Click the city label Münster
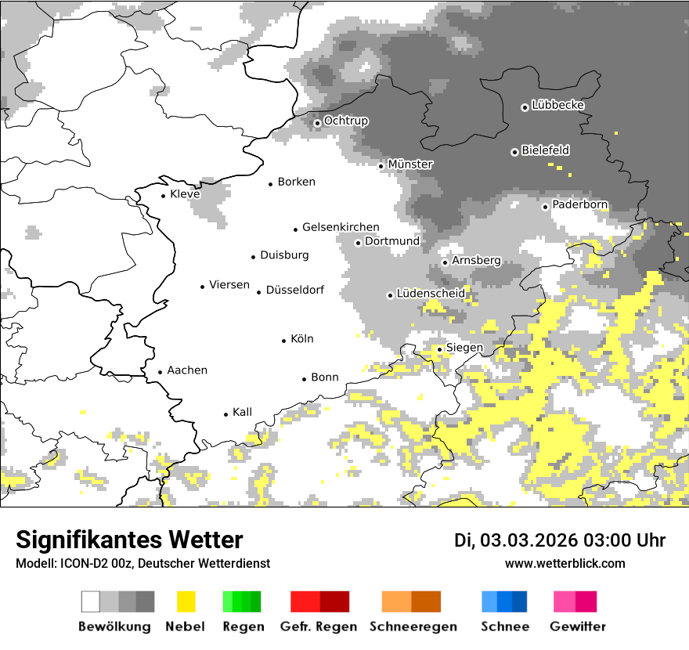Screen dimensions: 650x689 pyautogui.click(x=410, y=164)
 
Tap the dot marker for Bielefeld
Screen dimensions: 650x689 pyautogui.click(x=514, y=152)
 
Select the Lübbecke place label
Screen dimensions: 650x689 pyautogui.click(x=557, y=105)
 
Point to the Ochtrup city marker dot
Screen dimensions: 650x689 pyautogui.click(x=317, y=122)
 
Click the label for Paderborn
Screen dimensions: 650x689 pyautogui.click(x=579, y=204)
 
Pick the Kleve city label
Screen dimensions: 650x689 pyautogui.click(x=185, y=194)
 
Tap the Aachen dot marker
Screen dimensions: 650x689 pyautogui.click(x=160, y=372)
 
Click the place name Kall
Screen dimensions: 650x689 pyautogui.click(x=243, y=412)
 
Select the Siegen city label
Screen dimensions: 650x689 pyautogui.click(x=464, y=348)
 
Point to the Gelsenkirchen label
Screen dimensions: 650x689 pyautogui.click(x=341, y=227)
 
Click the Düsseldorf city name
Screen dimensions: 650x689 pyautogui.click(x=295, y=290)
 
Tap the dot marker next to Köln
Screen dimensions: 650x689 pyautogui.click(x=284, y=341)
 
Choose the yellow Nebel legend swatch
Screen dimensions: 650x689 pyautogui.click(x=186, y=601)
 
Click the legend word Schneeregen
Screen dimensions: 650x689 pyautogui.click(x=413, y=627)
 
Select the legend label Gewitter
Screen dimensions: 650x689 pyautogui.click(x=578, y=627)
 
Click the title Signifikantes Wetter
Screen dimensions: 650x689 pyautogui.click(x=129, y=540)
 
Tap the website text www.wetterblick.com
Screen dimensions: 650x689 pyautogui.click(x=565, y=564)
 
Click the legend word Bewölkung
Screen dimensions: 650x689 pyautogui.click(x=114, y=627)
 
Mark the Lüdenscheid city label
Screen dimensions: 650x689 pyautogui.click(x=431, y=294)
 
